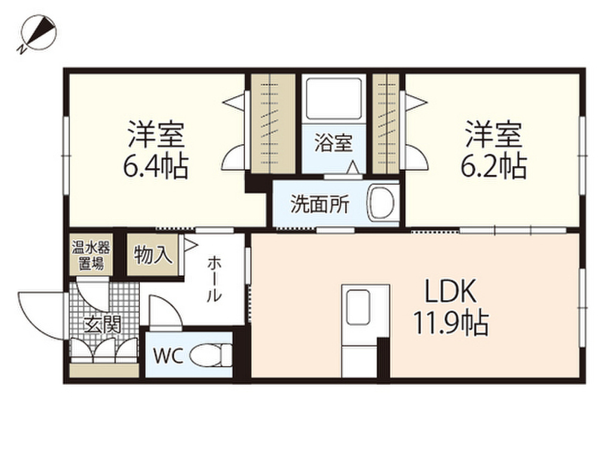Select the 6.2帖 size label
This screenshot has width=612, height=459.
pyautogui.click(x=493, y=168)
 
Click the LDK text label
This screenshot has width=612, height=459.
pyautogui.click(x=450, y=293)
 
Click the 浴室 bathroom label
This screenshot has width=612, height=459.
pyautogui.click(x=333, y=144)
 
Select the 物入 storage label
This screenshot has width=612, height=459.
pyautogui.click(x=154, y=256)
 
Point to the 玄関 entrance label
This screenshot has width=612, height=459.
pyautogui.click(x=102, y=325)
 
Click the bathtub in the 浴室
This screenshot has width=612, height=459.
pyautogui.click(x=333, y=99)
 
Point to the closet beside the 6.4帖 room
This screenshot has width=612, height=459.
pyautogui.click(x=273, y=123)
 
